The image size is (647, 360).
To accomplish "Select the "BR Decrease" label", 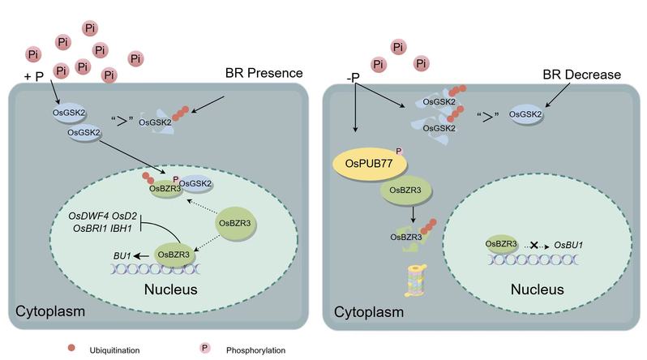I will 581,75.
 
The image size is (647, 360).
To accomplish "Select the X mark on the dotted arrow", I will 532,242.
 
